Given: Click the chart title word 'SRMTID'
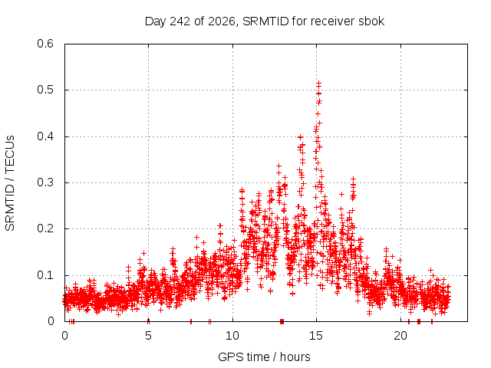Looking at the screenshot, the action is [x=265, y=21].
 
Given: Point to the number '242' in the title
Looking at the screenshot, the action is [x=180, y=21].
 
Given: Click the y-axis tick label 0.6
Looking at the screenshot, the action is [x=45, y=44].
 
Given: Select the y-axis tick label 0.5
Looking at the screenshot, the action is [x=45, y=90].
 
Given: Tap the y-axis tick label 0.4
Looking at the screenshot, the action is [x=45, y=136].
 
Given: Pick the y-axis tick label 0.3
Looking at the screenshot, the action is [x=45, y=182].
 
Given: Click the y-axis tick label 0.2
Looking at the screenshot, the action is [x=45, y=228].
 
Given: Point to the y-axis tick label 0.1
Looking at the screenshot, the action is [x=45, y=275].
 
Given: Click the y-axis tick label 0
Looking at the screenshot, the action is [x=51, y=321].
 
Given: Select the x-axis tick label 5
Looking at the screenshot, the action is [x=148, y=336].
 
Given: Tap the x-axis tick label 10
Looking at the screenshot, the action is [x=232, y=336].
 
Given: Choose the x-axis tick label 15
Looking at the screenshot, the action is [x=316, y=336].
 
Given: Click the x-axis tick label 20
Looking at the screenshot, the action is [x=400, y=336].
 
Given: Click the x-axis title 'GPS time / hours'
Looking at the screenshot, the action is [x=264, y=357].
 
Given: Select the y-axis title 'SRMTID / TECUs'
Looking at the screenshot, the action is [x=10, y=183].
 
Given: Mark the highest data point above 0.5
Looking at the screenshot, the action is [x=319, y=84].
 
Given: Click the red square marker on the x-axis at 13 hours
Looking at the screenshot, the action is [x=282, y=321].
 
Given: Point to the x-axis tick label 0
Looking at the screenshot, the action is [x=64, y=336].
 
